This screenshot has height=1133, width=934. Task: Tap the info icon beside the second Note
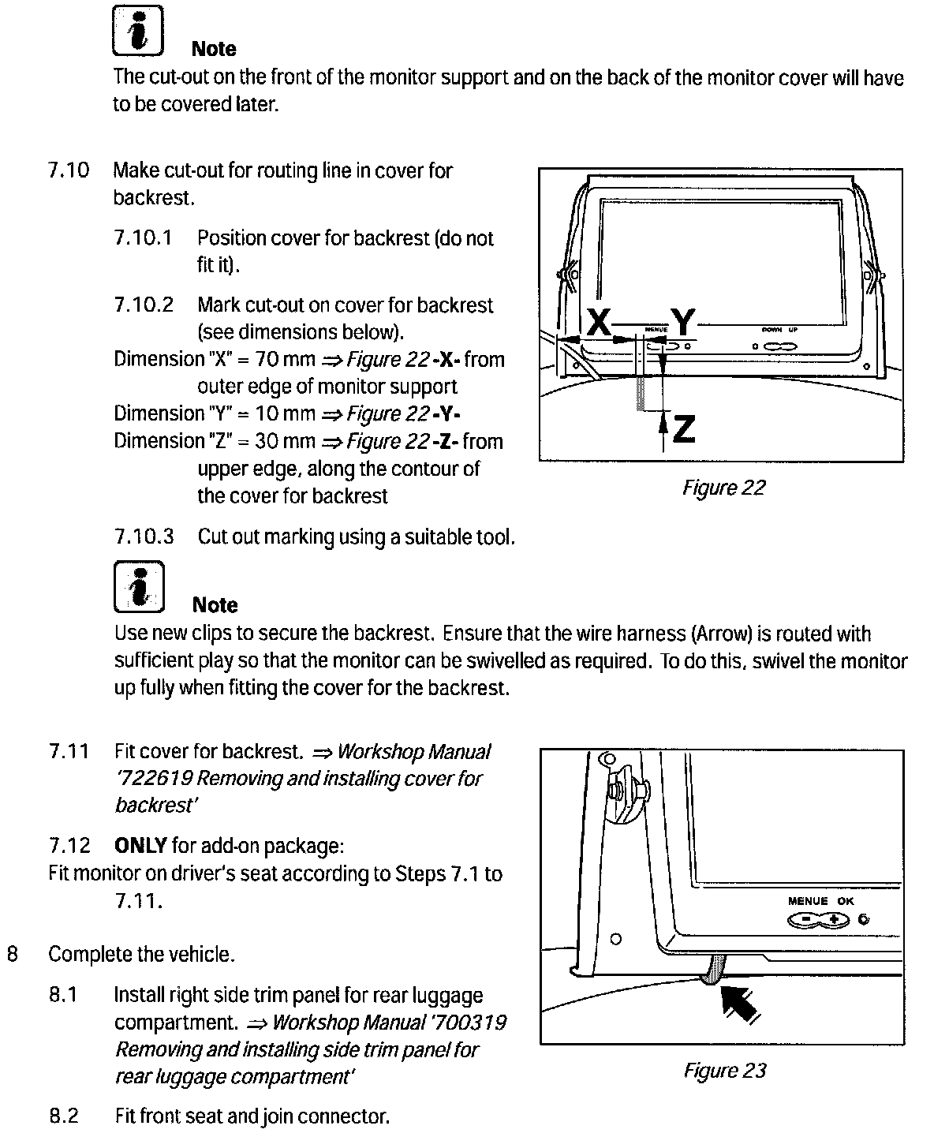139,586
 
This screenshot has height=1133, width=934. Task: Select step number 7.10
69,170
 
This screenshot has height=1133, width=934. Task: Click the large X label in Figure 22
600,323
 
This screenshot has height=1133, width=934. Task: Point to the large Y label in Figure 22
682,323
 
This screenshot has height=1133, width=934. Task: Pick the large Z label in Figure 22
684,428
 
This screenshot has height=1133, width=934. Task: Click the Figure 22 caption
723,488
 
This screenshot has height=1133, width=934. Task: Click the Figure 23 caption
724,1071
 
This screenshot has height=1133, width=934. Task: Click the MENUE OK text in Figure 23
820,901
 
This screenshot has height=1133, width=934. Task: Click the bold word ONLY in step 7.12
140,847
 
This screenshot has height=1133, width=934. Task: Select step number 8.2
64,1116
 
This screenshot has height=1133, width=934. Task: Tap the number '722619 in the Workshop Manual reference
154,779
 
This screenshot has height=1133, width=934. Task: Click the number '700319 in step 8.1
469,1023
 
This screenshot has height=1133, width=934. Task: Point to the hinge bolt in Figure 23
619,789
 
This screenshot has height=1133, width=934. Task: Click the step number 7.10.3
144,537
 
